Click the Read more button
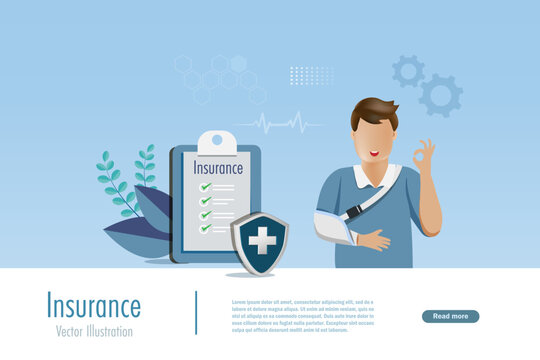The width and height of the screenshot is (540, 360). [x=450, y=316]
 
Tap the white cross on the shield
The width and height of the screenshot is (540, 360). [x=262, y=240]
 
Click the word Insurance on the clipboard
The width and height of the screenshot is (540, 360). [x=218, y=168]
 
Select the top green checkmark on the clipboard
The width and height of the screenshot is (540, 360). [x=206, y=186]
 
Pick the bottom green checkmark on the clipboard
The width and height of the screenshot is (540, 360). [x=206, y=227]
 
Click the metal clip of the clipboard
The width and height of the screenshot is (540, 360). [x=217, y=142]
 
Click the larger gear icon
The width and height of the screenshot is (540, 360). [x=441, y=96]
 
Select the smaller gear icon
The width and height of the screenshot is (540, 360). [x=408, y=70]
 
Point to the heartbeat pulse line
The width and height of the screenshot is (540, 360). [x=279, y=124]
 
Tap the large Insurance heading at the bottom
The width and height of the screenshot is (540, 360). [x=94, y=307]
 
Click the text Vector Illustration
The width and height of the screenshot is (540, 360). [x=94, y=331]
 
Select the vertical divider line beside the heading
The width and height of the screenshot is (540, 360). [x=196, y=312]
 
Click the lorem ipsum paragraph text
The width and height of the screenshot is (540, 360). [x=302, y=314]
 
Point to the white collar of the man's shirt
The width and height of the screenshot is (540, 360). [x=362, y=178]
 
